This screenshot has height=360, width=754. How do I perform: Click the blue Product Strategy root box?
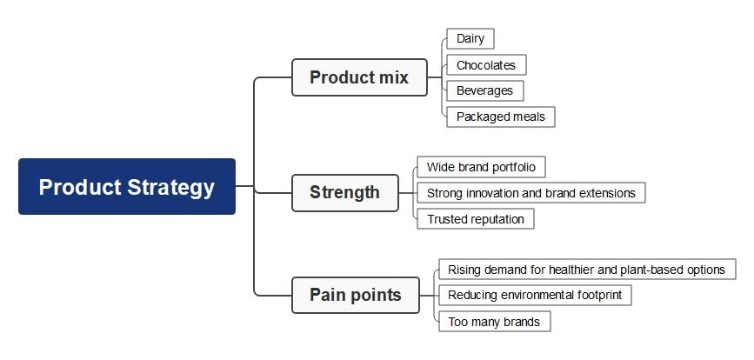click(126, 186)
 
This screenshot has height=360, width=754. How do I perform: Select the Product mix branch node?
click(359, 77)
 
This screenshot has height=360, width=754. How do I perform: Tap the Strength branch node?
click(344, 192)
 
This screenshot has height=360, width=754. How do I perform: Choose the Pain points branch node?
click(355, 295)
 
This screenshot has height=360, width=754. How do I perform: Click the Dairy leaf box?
click(470, 38)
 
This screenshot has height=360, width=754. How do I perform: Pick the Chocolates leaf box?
click(485, 64)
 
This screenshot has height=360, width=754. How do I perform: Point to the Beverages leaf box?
click(484, 90)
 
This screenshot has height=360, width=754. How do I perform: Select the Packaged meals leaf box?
click(500, 117)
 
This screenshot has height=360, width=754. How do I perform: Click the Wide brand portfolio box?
click(481, 167)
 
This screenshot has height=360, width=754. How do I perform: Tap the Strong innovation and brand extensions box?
click(530, 193)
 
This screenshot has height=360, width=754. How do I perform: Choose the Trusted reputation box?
click(475, 219)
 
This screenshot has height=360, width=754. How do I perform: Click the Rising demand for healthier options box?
click(586, 270)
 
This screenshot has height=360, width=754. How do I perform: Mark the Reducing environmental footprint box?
click(534, 296)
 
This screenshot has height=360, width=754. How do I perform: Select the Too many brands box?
click(493, 322)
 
